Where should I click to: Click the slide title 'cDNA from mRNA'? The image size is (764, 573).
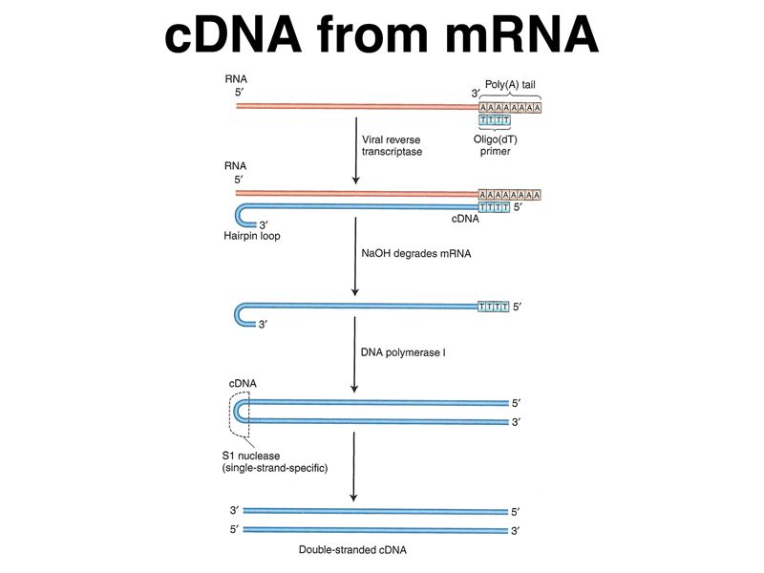pos(382,36)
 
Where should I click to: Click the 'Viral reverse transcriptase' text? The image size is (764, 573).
pos(392,144)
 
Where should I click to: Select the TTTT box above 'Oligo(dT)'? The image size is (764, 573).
pos(495,120)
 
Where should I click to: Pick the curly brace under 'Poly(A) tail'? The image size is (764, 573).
pos(510,95)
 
